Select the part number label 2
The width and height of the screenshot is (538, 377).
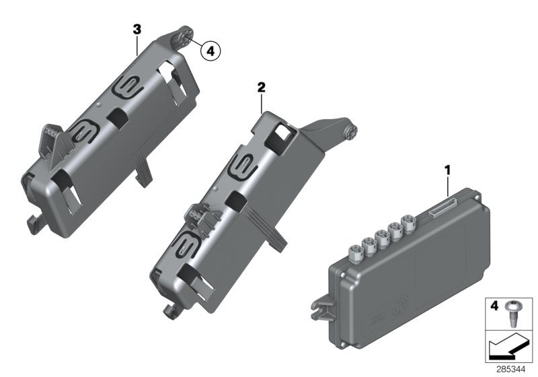click(x=261, y=88)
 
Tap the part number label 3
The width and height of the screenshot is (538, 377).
click(x=137, y=29)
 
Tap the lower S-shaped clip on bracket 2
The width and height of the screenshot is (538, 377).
click(x=189, y=246)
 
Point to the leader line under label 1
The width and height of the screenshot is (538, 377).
click(x=447, y=184)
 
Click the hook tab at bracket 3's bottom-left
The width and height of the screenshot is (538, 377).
click(x=33, y=219)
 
